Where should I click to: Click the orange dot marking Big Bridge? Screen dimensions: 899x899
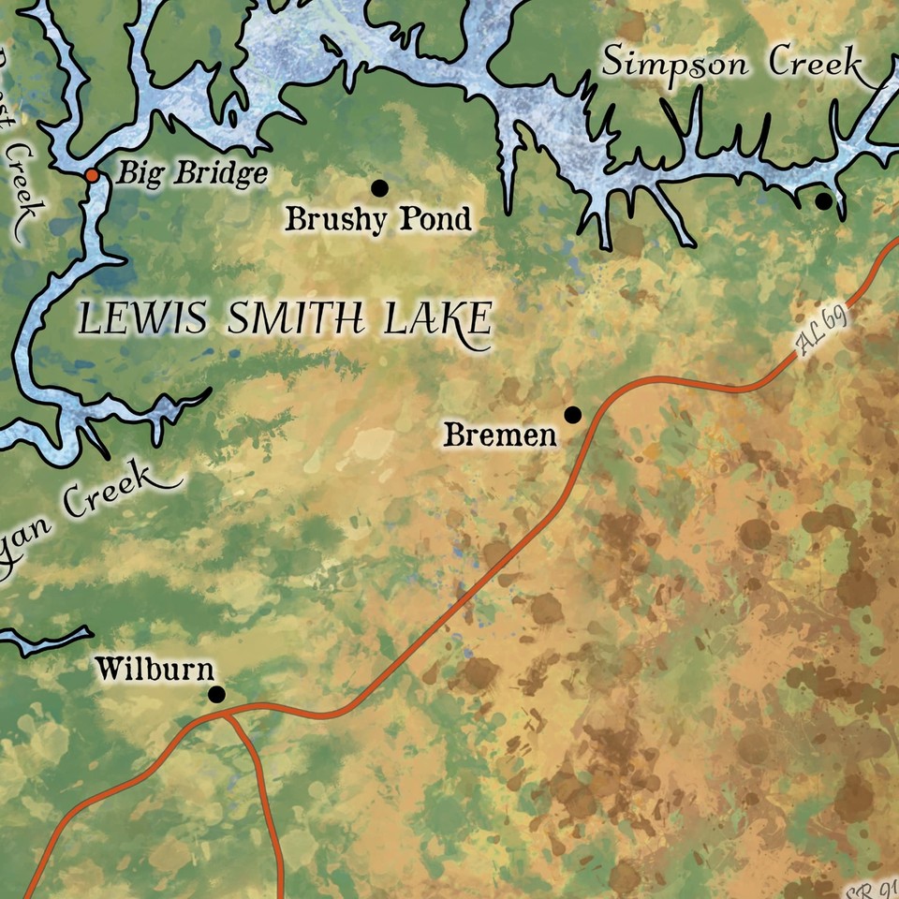click(x=92, y=175)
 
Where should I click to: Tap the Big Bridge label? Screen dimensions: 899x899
click(x=191, y=174)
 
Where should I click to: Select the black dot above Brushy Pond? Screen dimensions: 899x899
click(x=379, y=188)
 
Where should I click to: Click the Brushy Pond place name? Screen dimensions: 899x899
click(x=378, y=220)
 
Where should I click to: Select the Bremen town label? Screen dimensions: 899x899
click(x=500, y=435)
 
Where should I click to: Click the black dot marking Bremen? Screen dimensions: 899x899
click(x=572, y=414)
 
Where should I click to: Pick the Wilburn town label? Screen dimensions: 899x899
click(x=155, y=670)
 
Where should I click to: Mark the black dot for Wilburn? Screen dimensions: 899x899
click(x=216, y=694)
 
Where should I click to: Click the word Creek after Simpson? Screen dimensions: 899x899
click(x=816, y=64)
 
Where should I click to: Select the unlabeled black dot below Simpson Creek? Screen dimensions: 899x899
click(x=823, y=200)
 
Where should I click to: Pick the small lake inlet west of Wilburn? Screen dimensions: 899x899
click(x=42, y=641)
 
